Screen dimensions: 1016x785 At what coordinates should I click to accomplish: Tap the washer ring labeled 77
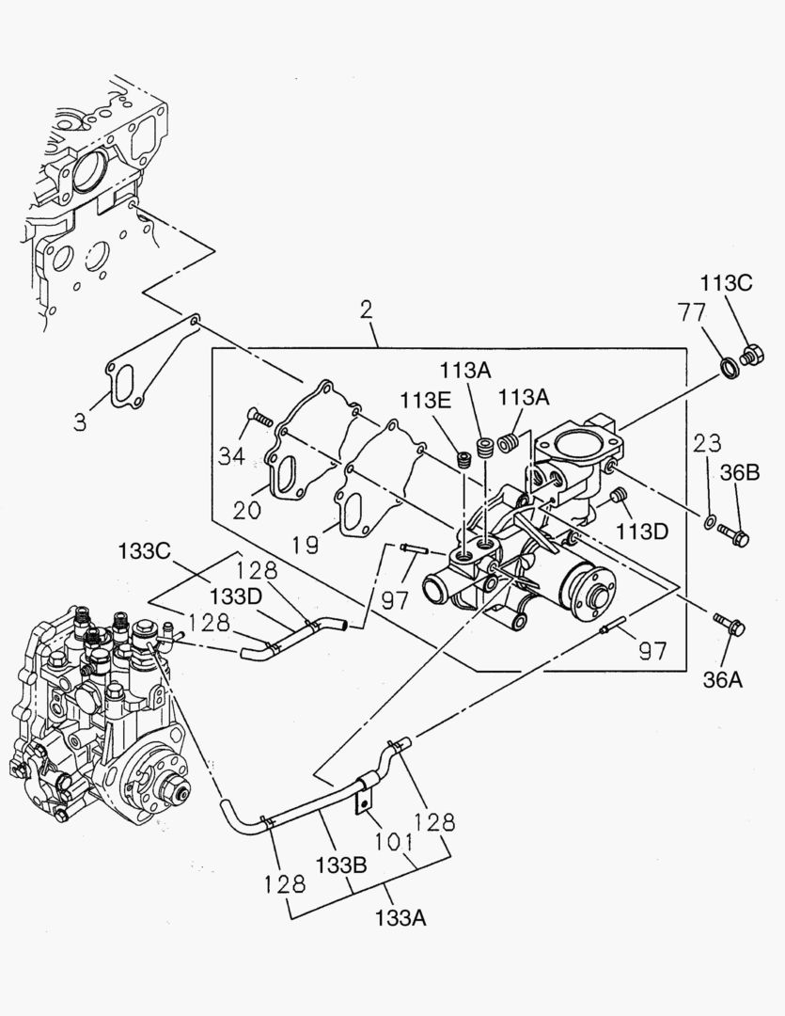pos(729,364)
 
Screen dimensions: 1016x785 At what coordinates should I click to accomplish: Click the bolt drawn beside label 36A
pos(729,624)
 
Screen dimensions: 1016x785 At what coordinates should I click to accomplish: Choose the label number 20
pos(246,509)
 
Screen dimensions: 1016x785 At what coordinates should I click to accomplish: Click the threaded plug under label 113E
pos(463,460)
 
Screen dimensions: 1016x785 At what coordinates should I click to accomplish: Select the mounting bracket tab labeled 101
pos(363,801)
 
